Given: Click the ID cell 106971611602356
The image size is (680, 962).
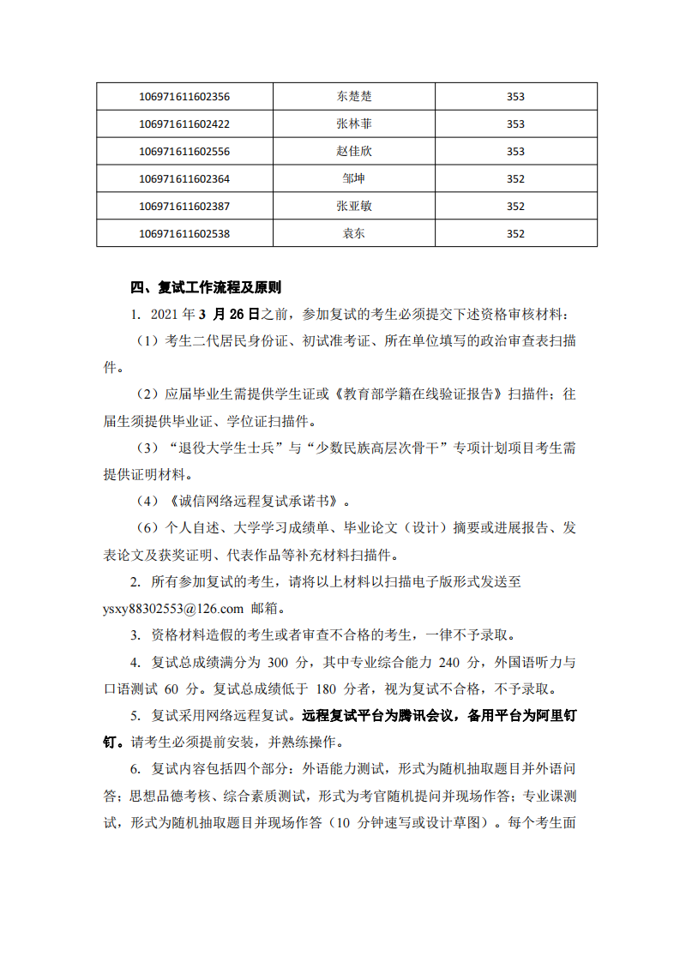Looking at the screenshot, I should [x=184, y=97].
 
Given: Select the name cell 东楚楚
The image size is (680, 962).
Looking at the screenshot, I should [x=354, y=97].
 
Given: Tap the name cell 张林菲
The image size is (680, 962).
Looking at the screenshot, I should [x=354, y=124].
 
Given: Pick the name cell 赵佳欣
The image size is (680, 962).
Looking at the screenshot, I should [x=354, y=152].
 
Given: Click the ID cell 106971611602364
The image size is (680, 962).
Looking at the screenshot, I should [x=184, y=179].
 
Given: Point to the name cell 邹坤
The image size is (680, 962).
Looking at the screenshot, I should [x=354, y=179].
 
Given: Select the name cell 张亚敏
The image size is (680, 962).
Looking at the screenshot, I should [x=354, y=207].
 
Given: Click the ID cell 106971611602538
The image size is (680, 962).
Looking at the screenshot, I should [x=184, y=234].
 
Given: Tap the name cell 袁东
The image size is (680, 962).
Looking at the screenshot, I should [x=354, y=234].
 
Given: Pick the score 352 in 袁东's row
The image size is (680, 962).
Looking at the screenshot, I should [x=515, y=234].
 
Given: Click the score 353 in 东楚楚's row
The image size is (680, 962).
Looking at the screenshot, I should [x=515, y=97].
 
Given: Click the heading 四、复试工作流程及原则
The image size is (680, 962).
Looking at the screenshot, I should [x=205, y=287].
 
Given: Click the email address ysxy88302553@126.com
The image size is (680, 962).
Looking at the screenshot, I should [x=172, y=609].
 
